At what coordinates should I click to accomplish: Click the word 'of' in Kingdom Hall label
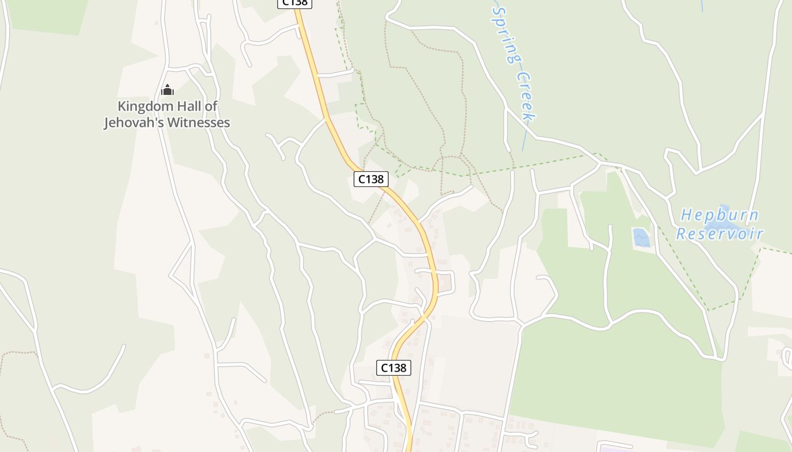click(211, 106)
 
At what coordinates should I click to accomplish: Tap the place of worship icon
click(167, 90)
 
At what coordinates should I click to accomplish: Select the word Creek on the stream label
click(526, 96)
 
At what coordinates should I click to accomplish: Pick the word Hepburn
click(719, 215)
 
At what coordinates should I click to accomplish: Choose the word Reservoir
click(720, 233)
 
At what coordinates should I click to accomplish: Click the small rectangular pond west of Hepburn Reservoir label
click(641, 237)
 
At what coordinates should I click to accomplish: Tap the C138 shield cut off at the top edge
click(295, 3)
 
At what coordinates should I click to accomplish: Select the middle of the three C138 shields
click(371, 179)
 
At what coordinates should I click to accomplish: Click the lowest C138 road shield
click(393, 368)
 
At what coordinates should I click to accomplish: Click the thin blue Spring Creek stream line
click(525, 138)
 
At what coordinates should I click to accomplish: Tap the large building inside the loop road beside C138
click(445, 281)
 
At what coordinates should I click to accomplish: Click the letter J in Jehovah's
click(107, 123)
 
